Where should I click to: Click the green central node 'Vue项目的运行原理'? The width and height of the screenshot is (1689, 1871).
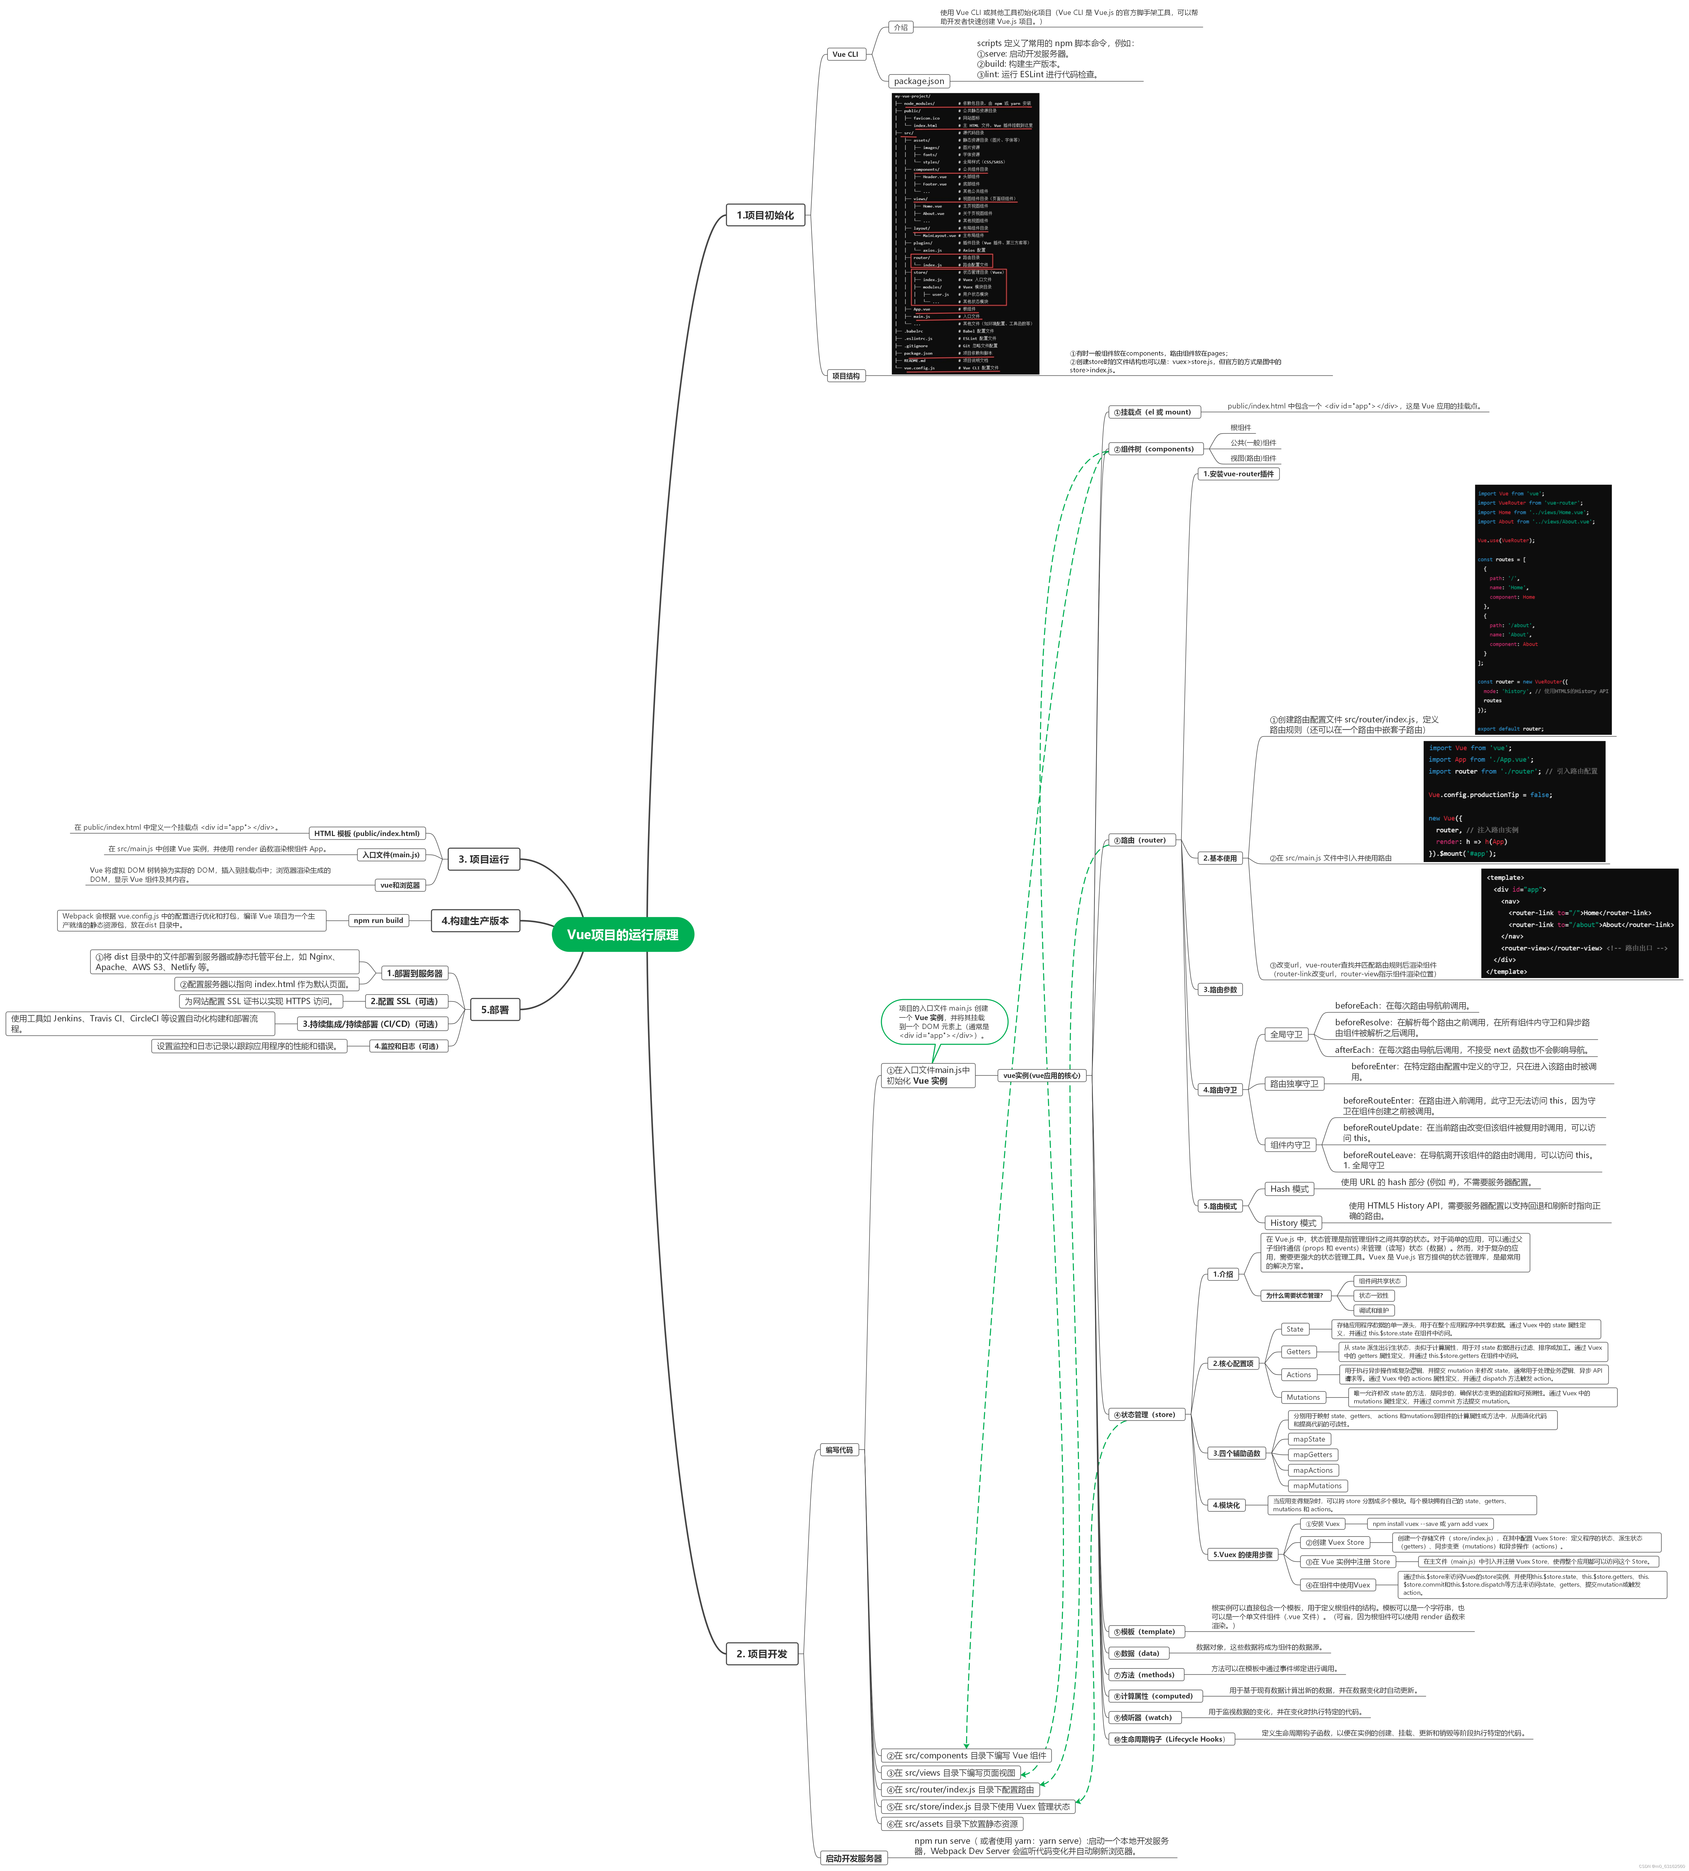pos(623,934)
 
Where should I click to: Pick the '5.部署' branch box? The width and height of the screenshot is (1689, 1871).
pos(495,1010)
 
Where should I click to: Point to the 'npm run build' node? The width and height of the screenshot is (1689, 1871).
pos(379,921)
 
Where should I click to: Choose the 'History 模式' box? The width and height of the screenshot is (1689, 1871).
pos(1293,1223)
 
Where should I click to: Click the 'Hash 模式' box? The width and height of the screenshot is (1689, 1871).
pos(1289,1189)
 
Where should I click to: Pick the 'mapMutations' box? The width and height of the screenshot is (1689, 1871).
pos(1317,1486)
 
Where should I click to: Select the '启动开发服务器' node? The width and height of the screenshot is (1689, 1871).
pos(854,1858)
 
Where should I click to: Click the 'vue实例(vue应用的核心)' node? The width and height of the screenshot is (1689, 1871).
pos(1041,1076)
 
